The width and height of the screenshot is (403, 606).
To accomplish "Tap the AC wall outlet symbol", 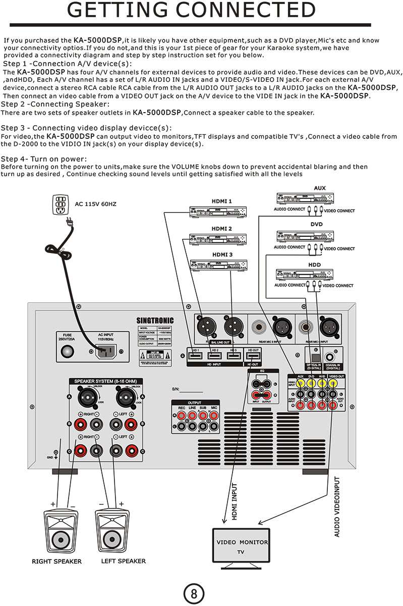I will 60,205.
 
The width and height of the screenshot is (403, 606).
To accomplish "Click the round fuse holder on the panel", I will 67,352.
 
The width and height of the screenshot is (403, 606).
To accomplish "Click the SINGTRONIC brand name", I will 155,320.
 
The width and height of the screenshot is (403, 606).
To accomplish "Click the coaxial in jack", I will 331,357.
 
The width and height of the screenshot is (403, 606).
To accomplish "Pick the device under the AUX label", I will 305,198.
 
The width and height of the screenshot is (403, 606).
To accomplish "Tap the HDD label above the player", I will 315,264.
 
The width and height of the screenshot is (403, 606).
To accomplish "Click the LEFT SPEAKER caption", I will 123,561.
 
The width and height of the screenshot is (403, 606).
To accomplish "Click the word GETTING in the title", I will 119,11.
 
